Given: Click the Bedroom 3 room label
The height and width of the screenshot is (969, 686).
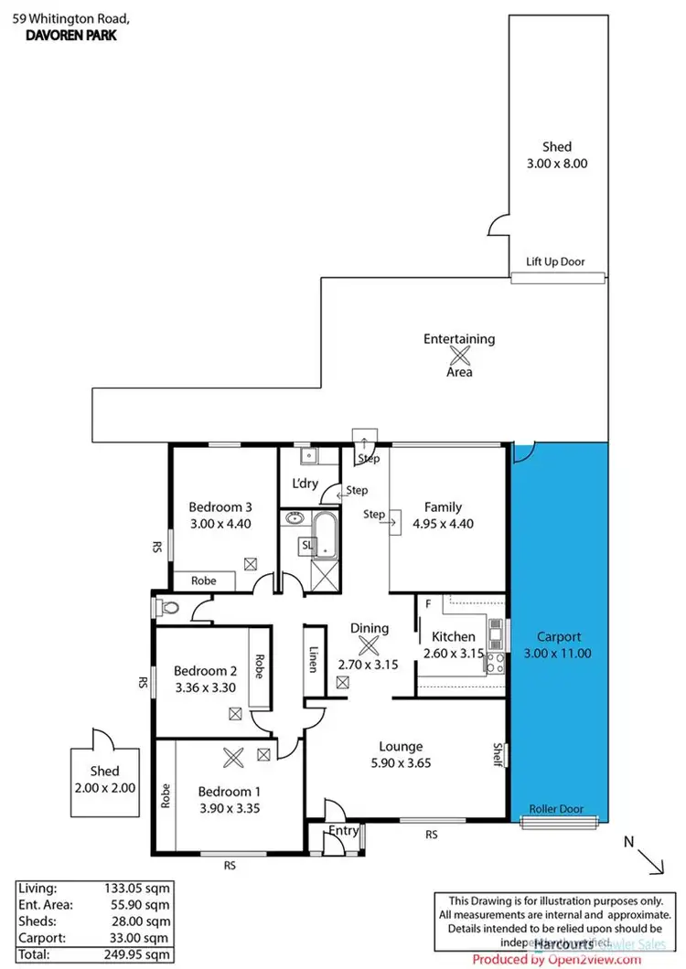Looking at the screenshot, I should (220, 507).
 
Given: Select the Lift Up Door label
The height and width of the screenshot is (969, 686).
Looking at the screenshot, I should (555, 262).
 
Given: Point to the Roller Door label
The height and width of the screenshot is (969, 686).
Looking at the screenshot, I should (555, 809).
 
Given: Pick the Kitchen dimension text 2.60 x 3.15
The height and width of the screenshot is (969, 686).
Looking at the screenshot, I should (453, 654).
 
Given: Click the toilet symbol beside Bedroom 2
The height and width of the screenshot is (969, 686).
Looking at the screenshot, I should (167, 605).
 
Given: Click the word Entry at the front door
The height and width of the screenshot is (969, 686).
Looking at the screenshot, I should (344, 830).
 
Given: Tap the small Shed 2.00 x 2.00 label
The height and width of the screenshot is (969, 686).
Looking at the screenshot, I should (104, 779).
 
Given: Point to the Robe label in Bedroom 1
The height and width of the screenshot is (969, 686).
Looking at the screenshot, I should (166, 796).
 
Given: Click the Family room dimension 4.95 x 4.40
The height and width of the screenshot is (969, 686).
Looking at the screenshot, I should (442, 524).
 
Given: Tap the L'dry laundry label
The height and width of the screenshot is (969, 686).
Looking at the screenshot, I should (305, 484).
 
